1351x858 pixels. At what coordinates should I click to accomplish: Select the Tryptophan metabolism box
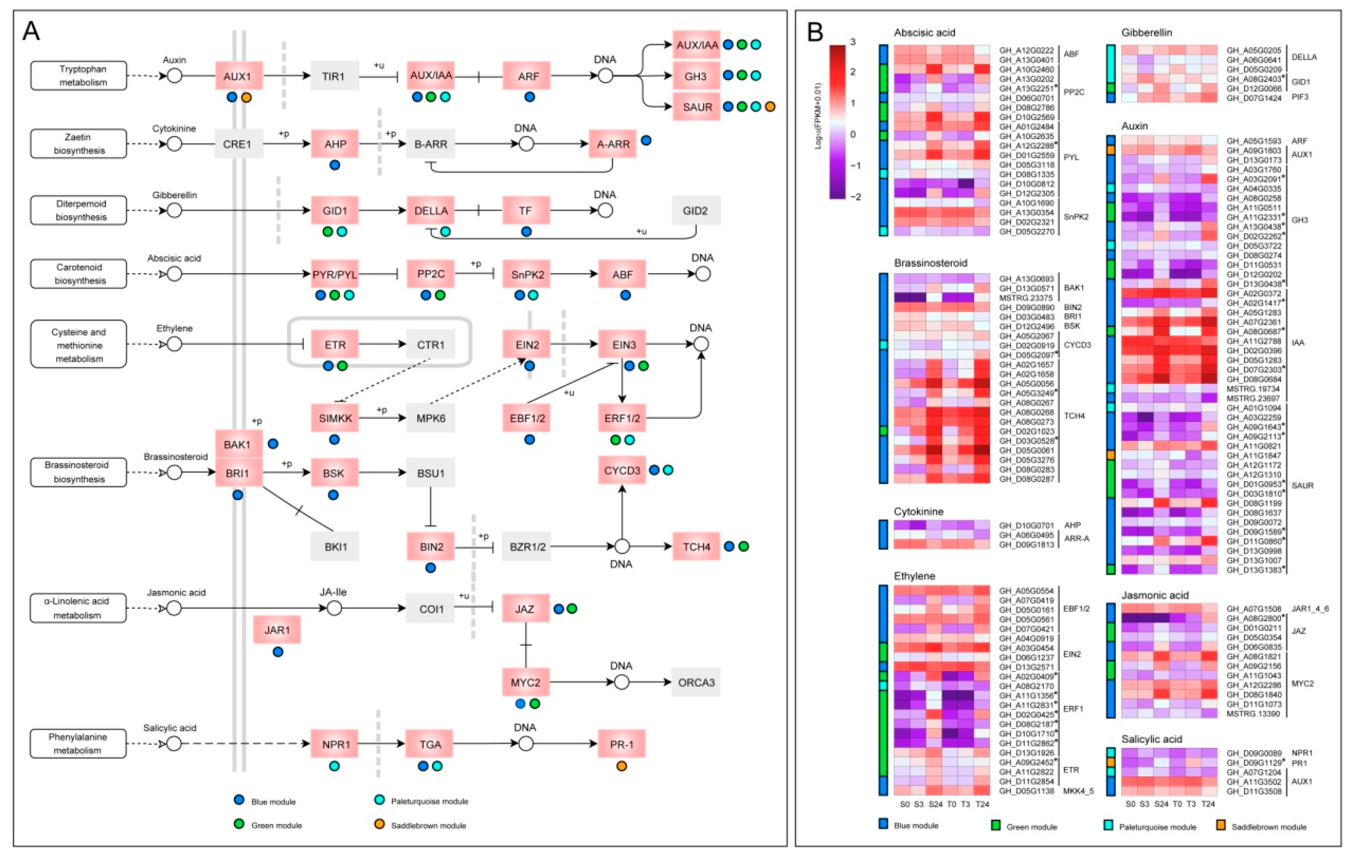pos(79,76)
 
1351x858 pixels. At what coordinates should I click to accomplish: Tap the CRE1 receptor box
pos(238,144)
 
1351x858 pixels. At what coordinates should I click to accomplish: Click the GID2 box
pos(695,211)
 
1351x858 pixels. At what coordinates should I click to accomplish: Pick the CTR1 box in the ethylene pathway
pos(430,344)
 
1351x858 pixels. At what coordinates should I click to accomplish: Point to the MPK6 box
pos(430,418)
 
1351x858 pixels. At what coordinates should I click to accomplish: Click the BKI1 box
pos(335,546)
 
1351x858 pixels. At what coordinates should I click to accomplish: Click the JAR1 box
pos(277,630)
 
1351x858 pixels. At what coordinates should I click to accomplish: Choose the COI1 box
pos(430,609)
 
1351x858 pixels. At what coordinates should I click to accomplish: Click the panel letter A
pos(31,31)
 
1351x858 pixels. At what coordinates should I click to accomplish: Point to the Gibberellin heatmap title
pos(1146,33)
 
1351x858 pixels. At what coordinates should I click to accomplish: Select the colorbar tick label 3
pos(852,42)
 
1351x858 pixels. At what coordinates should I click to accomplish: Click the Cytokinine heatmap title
pos(918,511)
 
